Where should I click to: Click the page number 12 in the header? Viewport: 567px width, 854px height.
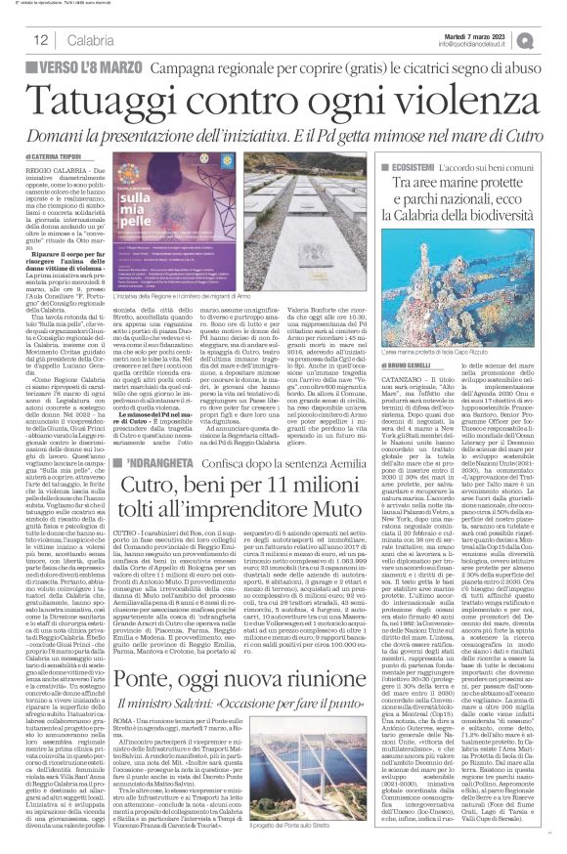(40, 40)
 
